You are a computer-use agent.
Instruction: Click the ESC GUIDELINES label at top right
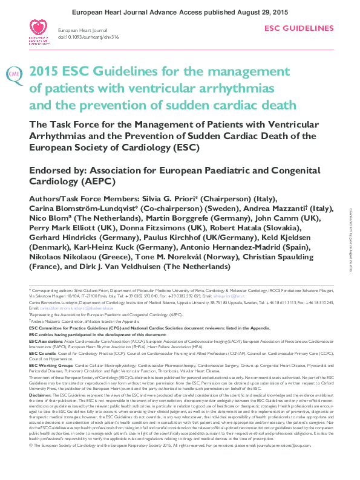click(299, 28)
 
